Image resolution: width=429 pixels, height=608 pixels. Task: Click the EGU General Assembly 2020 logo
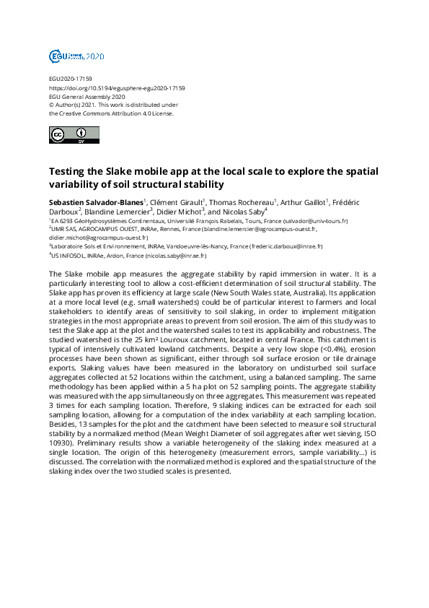76,56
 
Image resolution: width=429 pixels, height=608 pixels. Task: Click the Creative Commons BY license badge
68,135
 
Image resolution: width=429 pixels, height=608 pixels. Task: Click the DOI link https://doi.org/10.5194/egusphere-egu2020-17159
117,88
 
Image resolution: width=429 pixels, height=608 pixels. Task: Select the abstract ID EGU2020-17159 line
70,79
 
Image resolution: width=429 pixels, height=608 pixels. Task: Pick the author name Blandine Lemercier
117,212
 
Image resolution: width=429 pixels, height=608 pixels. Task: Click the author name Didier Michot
180,212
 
